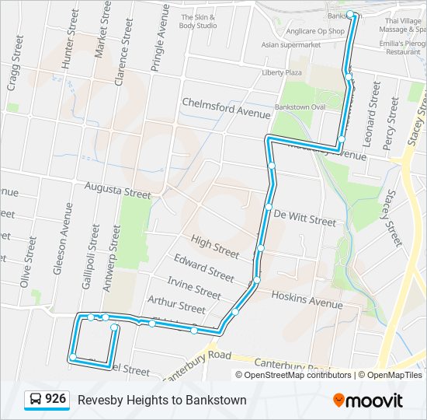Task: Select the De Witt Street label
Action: (304, 217)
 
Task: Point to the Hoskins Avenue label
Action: (307, 299)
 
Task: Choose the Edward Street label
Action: (203, 268)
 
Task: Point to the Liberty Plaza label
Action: (281, 72)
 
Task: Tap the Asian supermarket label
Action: (291, 45)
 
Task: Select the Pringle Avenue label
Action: (160, 38)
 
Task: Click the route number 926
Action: (55, 399)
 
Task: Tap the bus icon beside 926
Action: (36, 400)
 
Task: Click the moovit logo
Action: (367, 400)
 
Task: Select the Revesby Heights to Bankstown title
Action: (162, 400)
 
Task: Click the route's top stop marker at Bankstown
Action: (350, 14)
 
